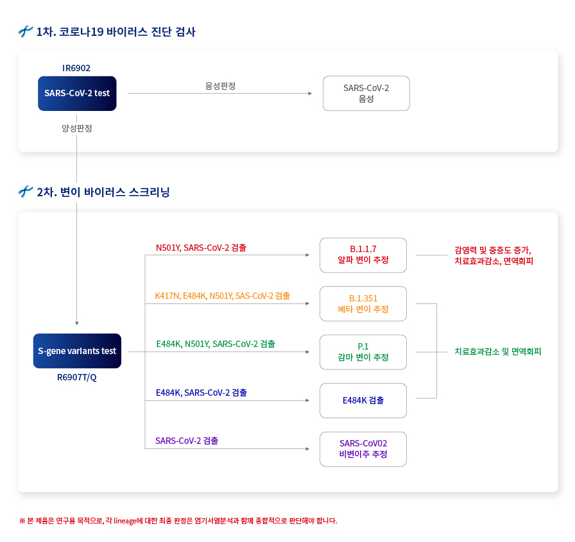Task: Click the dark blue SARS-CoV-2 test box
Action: coord(77,93)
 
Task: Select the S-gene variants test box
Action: coord(77,351)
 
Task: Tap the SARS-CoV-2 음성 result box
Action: coord(366,94)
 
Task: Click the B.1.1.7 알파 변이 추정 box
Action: coord(363,255)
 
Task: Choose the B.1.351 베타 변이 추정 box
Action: coord(363,303)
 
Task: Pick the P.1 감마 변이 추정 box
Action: coord(363,351)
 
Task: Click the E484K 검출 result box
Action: coord(363,400)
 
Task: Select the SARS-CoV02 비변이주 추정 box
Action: coord(363,449)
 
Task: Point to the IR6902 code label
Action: coord(76,68)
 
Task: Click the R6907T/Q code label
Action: coord(77,377)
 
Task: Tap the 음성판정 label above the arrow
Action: coord(220,85)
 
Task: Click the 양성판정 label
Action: coord(77,128)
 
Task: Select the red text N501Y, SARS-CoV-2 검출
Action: coord(201,248)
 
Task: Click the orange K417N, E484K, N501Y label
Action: coord(222,296)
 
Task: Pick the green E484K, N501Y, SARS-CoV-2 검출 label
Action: coord(216,344)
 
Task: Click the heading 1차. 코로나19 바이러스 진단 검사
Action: coord(116,31)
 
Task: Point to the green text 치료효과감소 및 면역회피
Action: coord(497,351)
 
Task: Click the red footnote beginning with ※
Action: coord(178,520)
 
